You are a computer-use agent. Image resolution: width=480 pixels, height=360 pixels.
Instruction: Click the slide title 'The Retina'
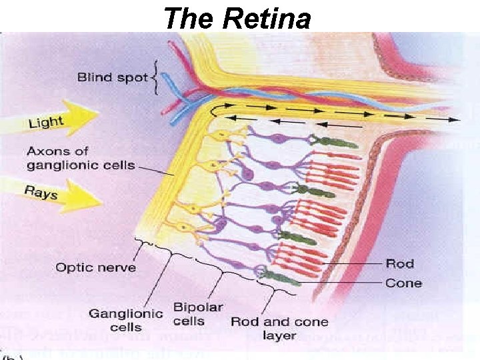237,18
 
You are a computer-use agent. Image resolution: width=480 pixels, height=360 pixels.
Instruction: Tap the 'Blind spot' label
112,77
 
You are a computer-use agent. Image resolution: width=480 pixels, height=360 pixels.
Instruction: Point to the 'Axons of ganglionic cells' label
80,158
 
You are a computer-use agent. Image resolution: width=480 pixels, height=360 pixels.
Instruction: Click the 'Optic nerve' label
96,267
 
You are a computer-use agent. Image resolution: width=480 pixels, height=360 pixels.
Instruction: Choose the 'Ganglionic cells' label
126,320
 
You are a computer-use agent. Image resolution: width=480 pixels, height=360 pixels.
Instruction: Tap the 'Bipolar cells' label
198,314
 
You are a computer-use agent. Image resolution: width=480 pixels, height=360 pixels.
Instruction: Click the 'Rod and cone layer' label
279,328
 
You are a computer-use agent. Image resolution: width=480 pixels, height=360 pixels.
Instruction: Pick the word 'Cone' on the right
403,283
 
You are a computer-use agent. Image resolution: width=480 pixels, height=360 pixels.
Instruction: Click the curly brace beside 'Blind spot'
155,77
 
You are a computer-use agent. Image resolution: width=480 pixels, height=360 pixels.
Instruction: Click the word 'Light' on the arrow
45,122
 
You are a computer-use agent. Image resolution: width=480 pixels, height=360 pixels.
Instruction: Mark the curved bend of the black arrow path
215,110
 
